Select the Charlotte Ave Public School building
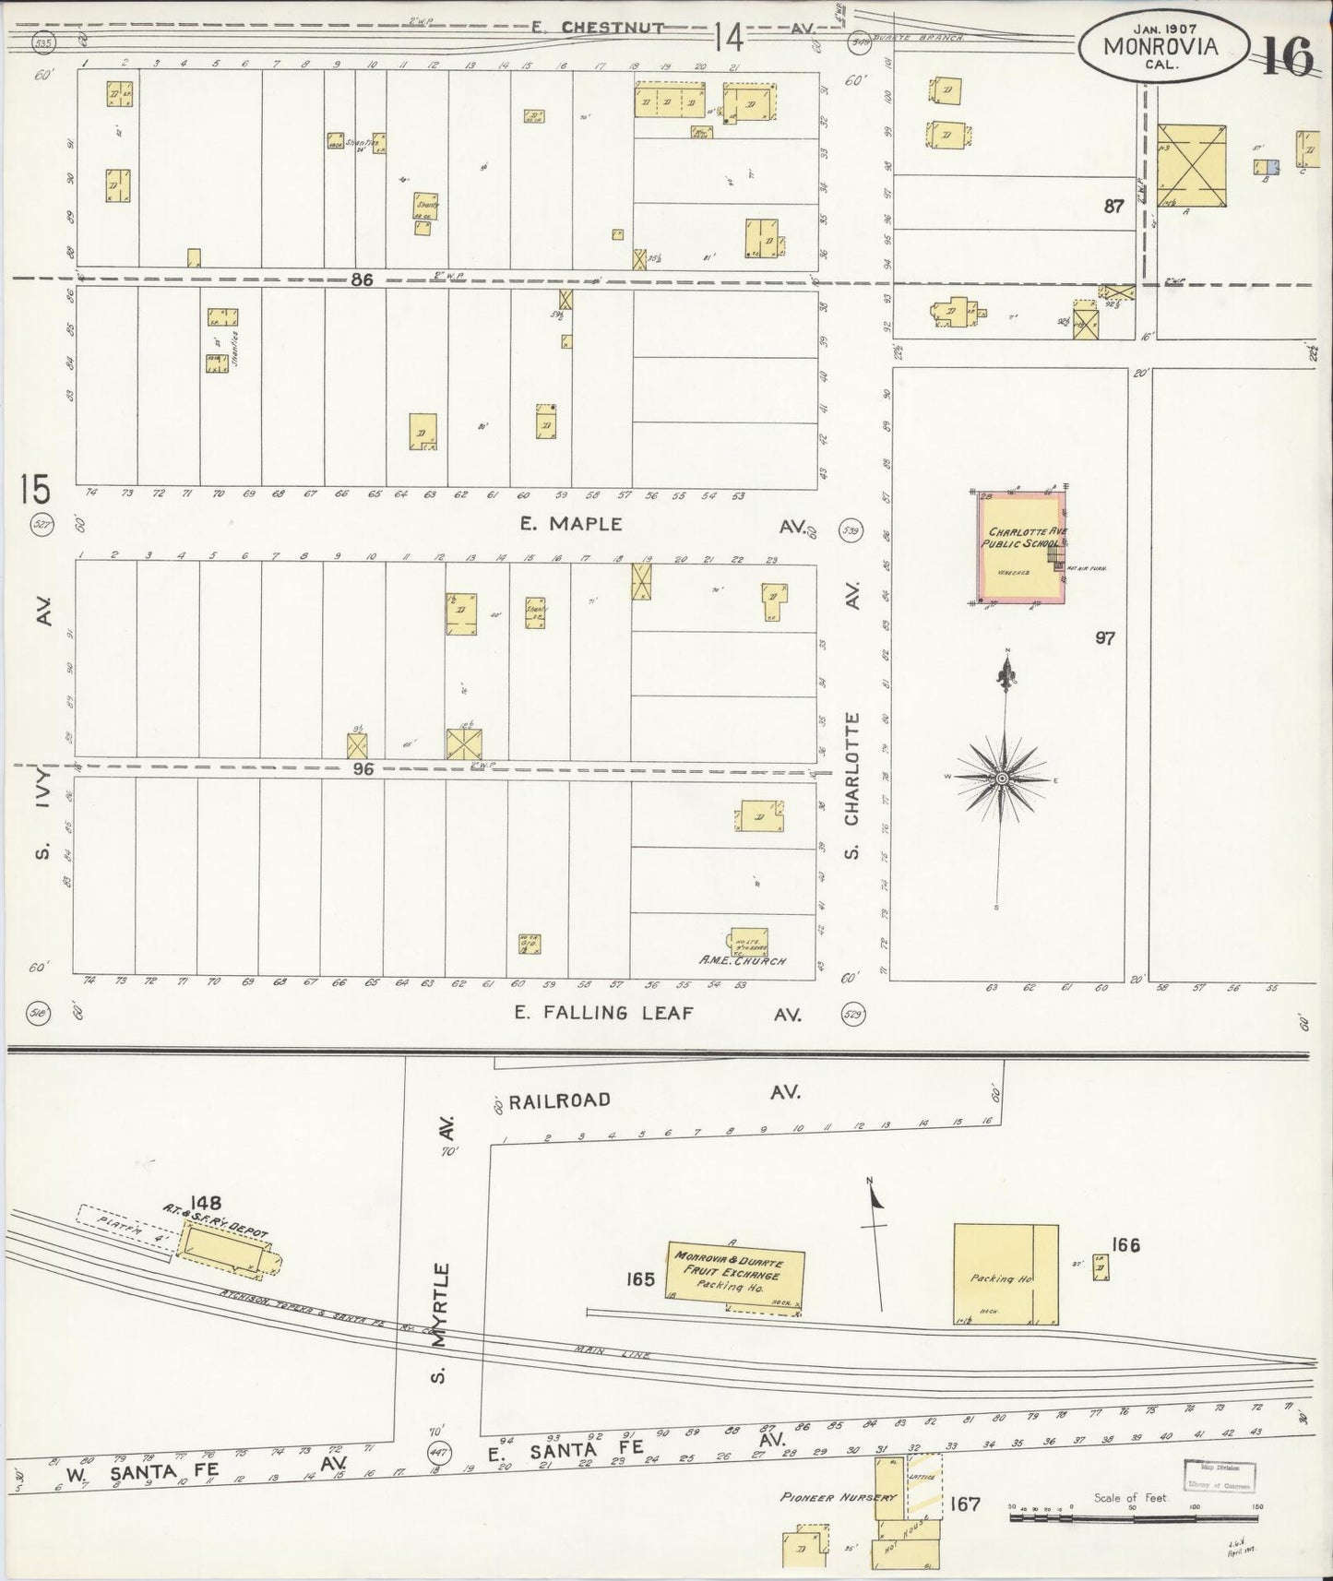(1021, 548)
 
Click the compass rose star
(1003, 780)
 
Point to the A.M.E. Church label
(743, 961)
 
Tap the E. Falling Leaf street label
(583, 1013)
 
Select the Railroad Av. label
(559, 1100)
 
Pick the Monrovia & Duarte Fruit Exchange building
(735, 1275)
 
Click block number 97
(1104, 637)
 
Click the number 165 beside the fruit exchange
(639, 1279)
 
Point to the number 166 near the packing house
(1125, 1245)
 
